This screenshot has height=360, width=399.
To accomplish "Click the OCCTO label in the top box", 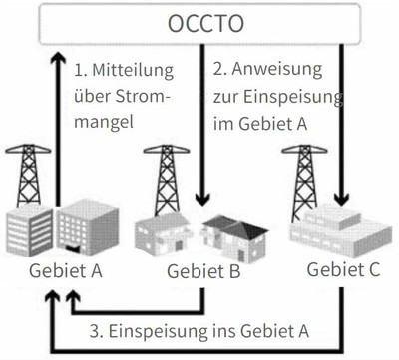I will tap(200, 23).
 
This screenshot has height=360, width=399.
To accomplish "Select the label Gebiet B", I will tap(195, 271).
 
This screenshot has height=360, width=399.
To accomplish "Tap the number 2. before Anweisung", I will tap(221, 72).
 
